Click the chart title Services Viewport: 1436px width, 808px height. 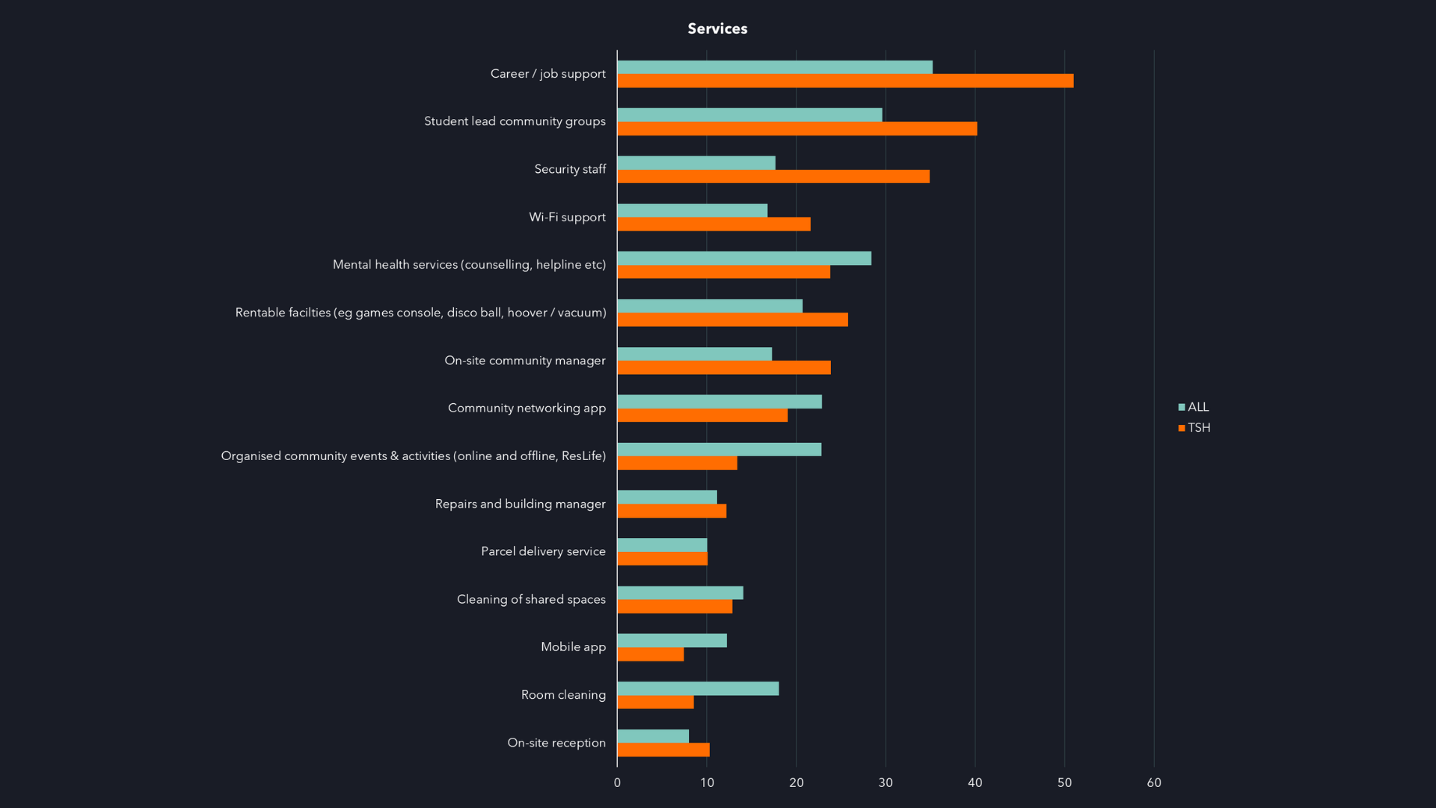point(717,28)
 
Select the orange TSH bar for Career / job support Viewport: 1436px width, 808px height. point(845,81)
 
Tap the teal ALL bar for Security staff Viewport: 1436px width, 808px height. point(696,162)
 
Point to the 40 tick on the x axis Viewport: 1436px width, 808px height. point(975,783)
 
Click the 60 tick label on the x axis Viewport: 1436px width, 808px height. point(1153,783)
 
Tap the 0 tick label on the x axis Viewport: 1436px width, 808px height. point(617,783)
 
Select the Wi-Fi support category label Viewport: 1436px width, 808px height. point(567,217)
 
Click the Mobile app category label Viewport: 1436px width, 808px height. point(573,647)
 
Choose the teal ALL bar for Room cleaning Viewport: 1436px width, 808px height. point(698,688)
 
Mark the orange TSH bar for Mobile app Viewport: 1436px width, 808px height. point(651,655)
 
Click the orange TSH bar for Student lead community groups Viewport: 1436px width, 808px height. point(797,129)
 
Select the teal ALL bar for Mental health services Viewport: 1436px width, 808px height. point(744,258)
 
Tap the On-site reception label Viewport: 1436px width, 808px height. point(556,743)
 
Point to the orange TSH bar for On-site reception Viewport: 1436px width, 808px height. point(663,750)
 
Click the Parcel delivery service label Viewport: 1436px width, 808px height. point(543,551)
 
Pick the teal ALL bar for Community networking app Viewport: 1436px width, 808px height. point(719,402)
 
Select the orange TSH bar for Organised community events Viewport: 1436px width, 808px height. point(677,463)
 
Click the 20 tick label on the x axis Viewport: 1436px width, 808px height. point(796,783)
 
